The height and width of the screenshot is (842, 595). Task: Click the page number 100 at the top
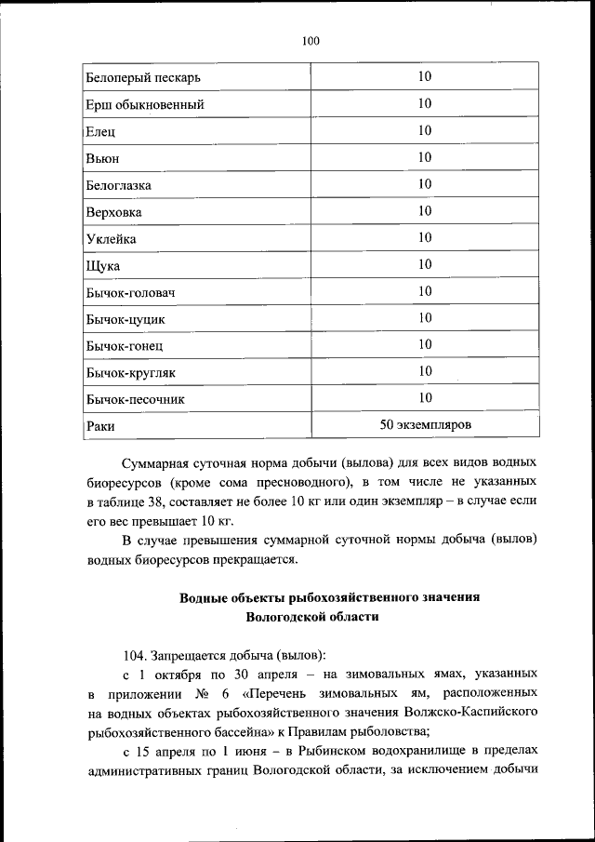click(x=311, y=40)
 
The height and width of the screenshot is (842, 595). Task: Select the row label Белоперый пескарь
click(x=142, y=77)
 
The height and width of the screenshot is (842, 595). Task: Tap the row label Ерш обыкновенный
click(x=145, y=104)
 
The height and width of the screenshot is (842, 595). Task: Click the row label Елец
click(x=100, y=131)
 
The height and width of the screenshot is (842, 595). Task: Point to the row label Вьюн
click(x=102, y=158)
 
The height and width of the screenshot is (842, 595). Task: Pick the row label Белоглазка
click(x=118, y=185)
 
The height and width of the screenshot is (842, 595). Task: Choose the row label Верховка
click(x=114, y=212)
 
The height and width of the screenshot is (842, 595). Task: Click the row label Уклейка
click(x=112, y=239)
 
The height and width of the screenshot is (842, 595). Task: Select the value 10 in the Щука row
click(x=425, y=264)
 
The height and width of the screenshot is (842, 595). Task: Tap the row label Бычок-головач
click(x=131, y=293)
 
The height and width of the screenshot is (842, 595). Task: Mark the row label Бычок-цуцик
click(x=126, y=320)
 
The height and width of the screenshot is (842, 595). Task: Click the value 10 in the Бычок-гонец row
click(x=425, y=344)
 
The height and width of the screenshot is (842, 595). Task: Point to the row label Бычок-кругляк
click(x=130, y=373)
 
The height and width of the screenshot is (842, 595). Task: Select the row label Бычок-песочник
click(x=135, y=400)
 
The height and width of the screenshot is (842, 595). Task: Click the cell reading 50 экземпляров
click(x=425, y=425)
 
